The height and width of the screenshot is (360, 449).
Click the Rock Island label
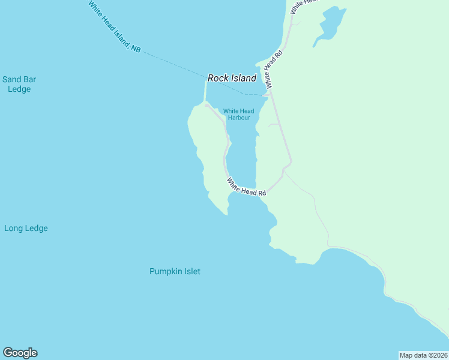[232, 78]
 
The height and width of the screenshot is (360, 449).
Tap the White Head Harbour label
[238, 114]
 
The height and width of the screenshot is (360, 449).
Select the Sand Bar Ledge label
[16, 84]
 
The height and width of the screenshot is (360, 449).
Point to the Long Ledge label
[26, 228]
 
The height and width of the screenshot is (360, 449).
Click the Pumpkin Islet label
[175, 271]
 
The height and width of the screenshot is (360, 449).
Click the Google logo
[20, 353]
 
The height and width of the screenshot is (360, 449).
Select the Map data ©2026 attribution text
[423, 355]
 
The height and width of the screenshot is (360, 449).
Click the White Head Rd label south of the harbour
[246, 187]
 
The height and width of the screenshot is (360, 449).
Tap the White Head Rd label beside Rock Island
[273, 70]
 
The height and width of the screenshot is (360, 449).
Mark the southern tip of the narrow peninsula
[226, 213]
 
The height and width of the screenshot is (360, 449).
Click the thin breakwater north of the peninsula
[205, 93]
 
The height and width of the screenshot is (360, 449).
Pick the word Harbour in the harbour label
[238, 118]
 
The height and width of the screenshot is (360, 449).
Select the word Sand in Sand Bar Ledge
[11, 79]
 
